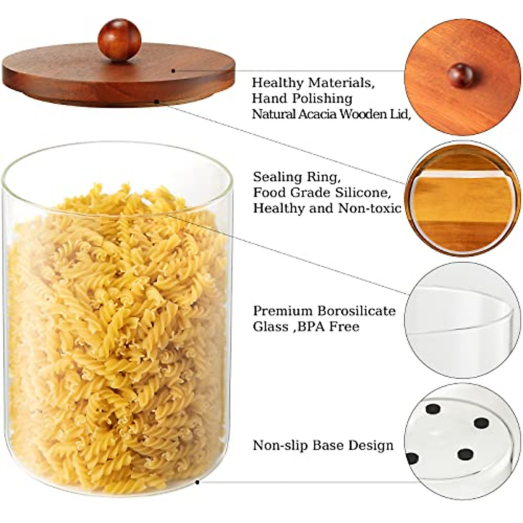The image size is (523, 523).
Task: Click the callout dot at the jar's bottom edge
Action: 197,482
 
